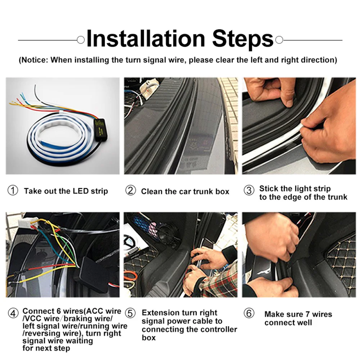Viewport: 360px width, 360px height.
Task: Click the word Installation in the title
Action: pyautogui.click(x=146, y=39)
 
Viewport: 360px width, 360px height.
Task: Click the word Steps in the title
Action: pyautogui.click(x=243, y=40)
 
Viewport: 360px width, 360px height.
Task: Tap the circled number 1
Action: pyautogui.click(x=13, y=190)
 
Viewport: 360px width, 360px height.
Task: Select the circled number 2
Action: pyautogui.click(x=131, y=190)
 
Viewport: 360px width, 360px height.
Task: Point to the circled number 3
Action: pyautogui.click(x=249, y=190)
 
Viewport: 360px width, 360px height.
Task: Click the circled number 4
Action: pyautogui.click(x=13, y=313)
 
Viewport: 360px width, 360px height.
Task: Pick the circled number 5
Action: pyautogui.click(x=130, y=313)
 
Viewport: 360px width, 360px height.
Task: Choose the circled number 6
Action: pyautogui.click(x=249, y=313)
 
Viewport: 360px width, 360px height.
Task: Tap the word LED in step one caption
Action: pyautogui.click(x=81, y=191)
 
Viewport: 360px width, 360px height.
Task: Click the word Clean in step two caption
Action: pyautogui.click(x=152, y=192)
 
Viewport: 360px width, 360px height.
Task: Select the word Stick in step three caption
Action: pyautogui.click(x=269, y=189)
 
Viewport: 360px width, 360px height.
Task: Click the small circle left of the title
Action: pyautogui.click(x=81, y=40)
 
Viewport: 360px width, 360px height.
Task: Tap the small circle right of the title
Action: pyautogui.click(x=279, y=40)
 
